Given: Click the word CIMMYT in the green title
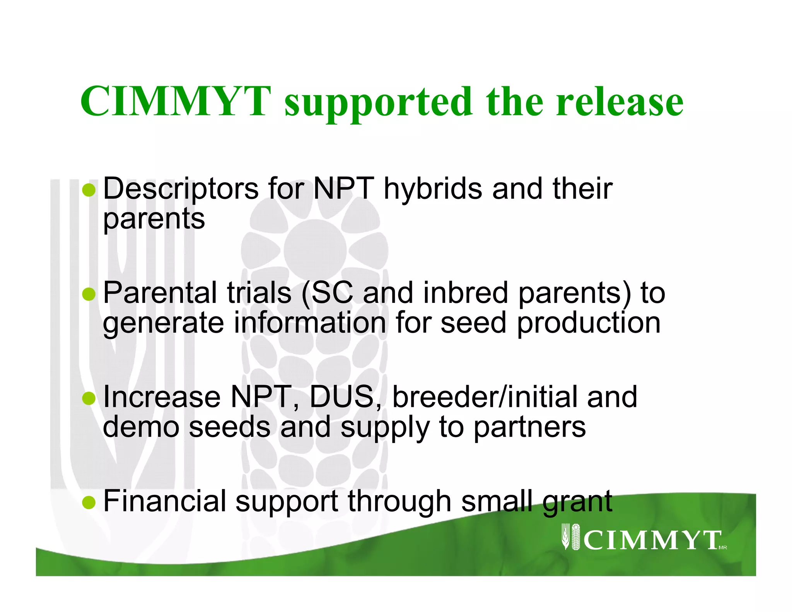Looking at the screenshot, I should [x=176, y=101].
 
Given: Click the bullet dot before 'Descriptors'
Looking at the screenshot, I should [x=89, y=190].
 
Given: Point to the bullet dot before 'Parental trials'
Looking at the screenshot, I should [x=89, y=294].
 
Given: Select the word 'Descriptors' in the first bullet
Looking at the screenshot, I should [x=181, y=189].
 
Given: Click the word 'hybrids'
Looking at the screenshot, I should [x=433, y=189].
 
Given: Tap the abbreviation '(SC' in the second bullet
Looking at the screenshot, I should [x=327, y=293].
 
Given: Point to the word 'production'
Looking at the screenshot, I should [x=589, y=323].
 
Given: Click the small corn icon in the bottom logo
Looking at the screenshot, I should [x=571, y=536].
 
